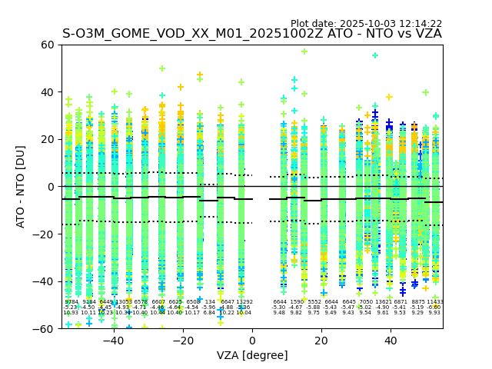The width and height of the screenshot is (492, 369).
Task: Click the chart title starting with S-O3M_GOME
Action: point(252,34)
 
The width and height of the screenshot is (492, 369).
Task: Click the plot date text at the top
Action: point(366,24)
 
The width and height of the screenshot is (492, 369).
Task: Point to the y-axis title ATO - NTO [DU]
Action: point(21,187)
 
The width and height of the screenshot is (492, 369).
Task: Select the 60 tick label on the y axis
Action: point(48,45)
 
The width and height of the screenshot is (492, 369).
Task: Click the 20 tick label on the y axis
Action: point(48,139)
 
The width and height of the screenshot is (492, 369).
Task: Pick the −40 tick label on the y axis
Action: point(45,281)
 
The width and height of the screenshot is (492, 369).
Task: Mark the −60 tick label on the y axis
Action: point(45,329)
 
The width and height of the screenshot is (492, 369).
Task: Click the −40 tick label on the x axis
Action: point(113,341)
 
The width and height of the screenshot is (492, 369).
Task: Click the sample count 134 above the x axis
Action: point(210,302)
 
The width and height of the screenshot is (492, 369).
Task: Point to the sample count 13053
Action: point(123,302)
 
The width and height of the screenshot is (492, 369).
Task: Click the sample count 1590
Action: point(297,302)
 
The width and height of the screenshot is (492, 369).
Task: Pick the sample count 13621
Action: point(384,302)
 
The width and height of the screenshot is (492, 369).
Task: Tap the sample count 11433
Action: point(434,302)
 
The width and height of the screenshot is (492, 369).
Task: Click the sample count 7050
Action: point(365,302)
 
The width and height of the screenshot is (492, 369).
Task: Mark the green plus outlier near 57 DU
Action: point(304,52)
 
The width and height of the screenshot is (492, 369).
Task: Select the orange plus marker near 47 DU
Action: point(200,75)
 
